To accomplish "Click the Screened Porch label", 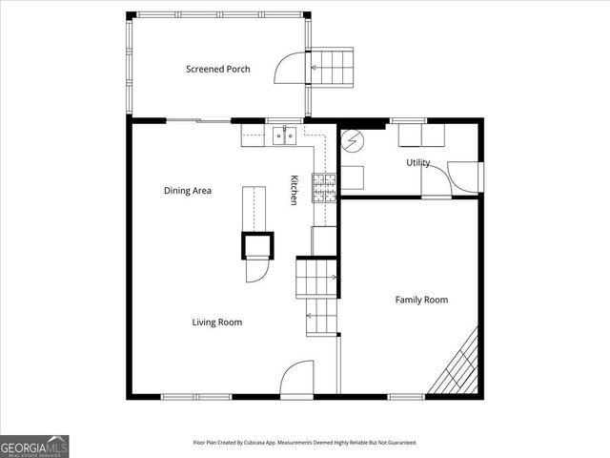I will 217,69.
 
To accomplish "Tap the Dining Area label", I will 187,191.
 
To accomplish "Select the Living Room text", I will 216,323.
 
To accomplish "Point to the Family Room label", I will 421,300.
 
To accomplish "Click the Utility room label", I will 418,163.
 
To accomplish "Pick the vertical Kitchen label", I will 295,189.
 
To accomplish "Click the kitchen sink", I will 283,135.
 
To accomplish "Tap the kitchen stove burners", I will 324,186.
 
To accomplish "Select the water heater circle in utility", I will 351,141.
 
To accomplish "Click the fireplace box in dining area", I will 257,245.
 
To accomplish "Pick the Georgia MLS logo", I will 34,446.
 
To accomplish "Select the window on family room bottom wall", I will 406,396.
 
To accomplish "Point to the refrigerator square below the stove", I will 324,240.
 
